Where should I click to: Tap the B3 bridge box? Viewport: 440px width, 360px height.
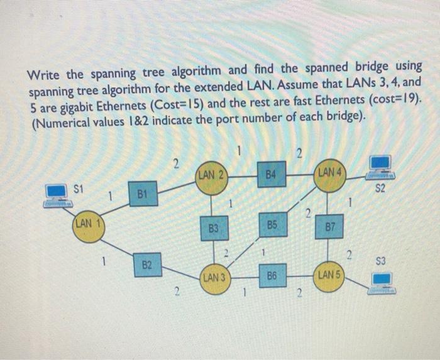pyautogui.click(x=214, y=229)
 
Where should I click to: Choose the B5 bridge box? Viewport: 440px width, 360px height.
pyautogui.click(x=272, y=225)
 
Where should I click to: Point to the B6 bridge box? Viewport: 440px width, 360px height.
pyautogui.click(x=272, y=276)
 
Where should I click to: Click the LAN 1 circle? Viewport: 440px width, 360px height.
pyautogui.click(x=87, y=226)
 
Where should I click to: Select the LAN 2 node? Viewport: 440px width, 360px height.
pyautogui.click(x=211, y=175)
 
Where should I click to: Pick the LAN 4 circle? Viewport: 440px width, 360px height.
pyautogui.click(x=330, y=174)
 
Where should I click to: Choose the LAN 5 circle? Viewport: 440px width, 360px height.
pyautogui.click(x=329, y=277)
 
